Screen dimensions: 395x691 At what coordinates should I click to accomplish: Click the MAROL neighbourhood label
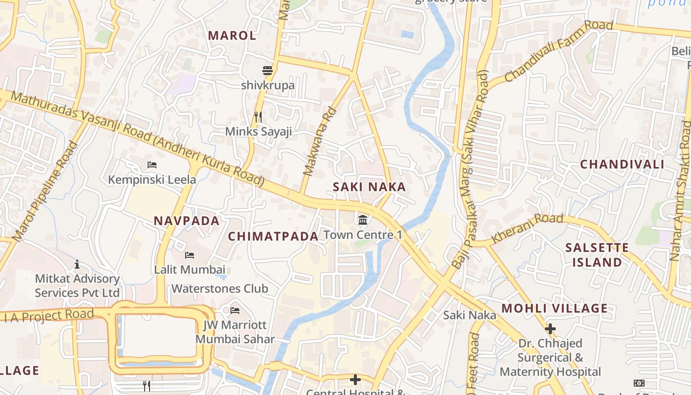click(232, 36)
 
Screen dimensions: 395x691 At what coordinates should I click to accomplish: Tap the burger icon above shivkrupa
click(268, 71)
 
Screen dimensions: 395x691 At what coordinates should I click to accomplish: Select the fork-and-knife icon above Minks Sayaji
click(258, 117)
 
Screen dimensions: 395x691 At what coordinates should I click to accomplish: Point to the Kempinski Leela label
click(152, 179)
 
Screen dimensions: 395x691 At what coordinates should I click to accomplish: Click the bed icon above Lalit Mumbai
click(190, 255)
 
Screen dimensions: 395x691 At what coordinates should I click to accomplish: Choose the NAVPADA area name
click(187, 221)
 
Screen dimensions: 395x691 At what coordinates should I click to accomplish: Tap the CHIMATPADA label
click(273, 236)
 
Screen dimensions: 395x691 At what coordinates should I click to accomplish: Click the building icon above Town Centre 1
click(363, 220)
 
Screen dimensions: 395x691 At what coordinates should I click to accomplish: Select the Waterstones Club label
click(220, 288)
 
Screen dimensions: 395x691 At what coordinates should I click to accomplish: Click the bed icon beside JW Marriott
click(235, 311)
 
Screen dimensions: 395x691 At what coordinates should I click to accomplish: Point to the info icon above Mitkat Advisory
click(77, 265)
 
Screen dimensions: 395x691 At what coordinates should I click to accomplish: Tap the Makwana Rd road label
click(319, 142)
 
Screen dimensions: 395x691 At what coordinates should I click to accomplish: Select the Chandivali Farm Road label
click(558, 51)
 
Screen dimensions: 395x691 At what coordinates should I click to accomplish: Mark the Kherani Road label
click(527, 228)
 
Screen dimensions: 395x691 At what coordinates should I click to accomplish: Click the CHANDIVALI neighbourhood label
click(622, 164)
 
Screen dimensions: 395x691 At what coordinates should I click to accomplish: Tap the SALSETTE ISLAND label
click(597, 255)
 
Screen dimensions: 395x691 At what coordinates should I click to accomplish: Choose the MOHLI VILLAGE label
click(554, 309)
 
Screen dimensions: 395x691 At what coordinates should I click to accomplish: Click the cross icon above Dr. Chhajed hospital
click(550, 329)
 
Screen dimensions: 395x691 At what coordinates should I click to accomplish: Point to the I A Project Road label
click(49, 315)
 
